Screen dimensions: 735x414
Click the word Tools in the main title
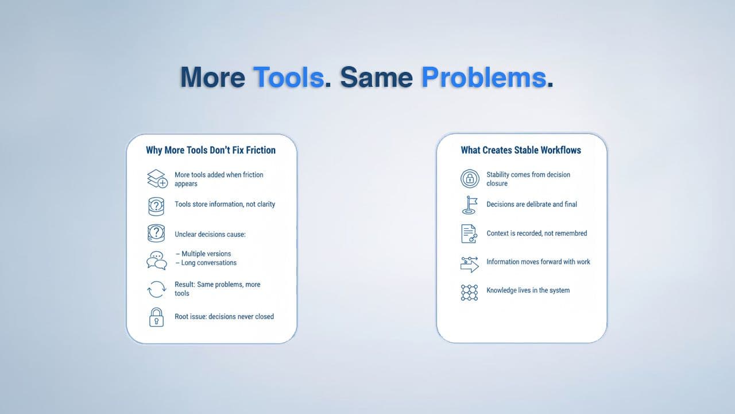pyautogui.click(x=289, y=77)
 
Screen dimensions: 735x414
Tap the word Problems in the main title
pyautogui.click(x=484, y=77)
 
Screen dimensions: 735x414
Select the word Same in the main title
pyautogui.click(x=376, y=77)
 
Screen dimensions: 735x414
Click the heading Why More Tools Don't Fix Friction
pyautogui.click(x=211, y=150)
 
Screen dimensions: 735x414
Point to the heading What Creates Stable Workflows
pyautogui.click(x=521, y=150)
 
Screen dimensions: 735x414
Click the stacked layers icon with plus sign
pyautogui.click(x=157, y=179)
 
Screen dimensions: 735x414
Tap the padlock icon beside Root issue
pyautogui.click(x=156, y=317)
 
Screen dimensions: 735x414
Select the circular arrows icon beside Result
pyautogui.click(x=156, y=289)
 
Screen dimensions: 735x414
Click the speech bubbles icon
pyautogui.click(x=157, y=260)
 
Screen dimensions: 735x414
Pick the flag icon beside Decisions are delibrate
pyautogui.click(x=470, y=205)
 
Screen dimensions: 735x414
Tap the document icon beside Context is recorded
pyautogui.click(x=469, y=233)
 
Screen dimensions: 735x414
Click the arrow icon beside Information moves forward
pyautogui.click(x=469, y=264)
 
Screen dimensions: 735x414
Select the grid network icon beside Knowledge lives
pyautogui.click(x=469, y=293)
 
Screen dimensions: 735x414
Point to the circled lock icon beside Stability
pyautogui.click(x=470, y=179)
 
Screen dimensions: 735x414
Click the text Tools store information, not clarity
pyautogui.click(x=225, y=204)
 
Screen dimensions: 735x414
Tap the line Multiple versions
pyautogui.click(x=203, y=254)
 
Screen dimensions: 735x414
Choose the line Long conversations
pyautogui.click(x=206, y=263)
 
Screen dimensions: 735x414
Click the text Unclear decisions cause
pyautogui.click(x=210, y=234)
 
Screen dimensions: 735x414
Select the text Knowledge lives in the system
pyautogui.click(x=528, y=290)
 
